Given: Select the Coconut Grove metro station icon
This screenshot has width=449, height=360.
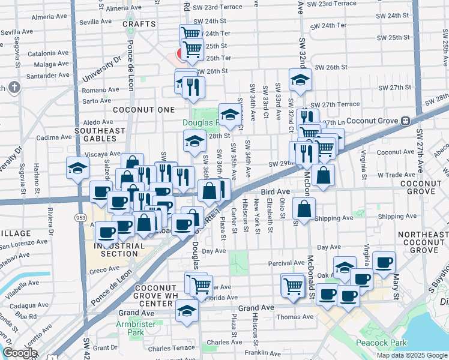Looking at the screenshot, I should (406, 121).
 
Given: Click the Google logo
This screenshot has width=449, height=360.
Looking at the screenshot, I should (20, 353).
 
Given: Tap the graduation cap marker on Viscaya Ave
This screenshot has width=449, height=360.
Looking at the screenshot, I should (77, 168).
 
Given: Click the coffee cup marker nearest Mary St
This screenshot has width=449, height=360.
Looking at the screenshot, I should (384, 262).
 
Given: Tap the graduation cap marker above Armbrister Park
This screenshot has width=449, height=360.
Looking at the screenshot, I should (187, 311).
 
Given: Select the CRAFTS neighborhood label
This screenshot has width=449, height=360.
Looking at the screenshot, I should (139, 24).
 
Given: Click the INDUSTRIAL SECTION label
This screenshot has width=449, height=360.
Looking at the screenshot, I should (119, 250).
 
